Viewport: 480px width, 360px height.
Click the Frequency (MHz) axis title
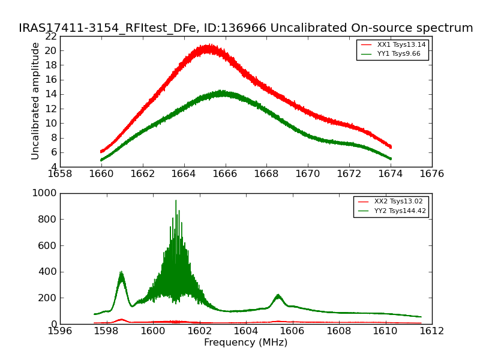tap(245, 343)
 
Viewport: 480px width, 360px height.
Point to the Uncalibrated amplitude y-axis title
tap(35, 101)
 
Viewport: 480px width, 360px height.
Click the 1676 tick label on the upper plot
tap(432, 173)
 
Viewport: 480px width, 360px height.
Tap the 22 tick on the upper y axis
tap(50, 36)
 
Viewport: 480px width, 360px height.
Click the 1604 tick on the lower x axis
tap(245, 331)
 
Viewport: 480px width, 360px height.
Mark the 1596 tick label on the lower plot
tap(60, 331)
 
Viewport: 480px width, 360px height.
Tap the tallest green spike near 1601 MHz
tap(176, 201)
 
